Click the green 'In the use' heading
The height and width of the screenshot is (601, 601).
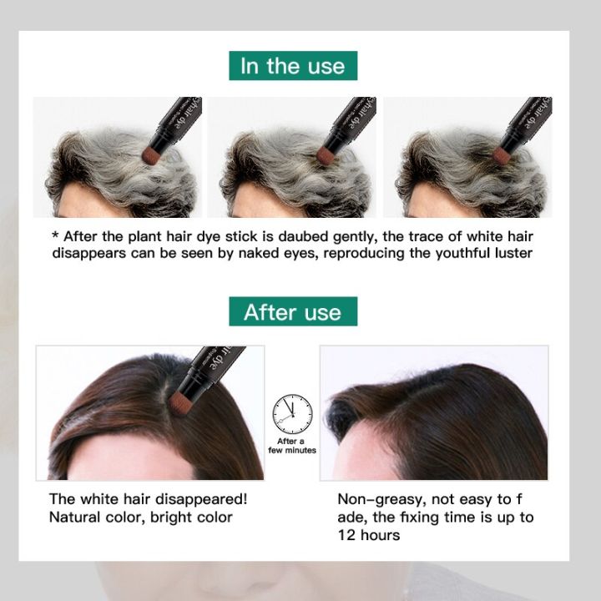click(292, 66)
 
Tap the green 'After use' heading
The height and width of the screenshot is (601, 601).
click(292, 312)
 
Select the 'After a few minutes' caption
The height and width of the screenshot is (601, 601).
click(291, 445)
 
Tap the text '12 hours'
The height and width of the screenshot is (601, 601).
click(368, 535)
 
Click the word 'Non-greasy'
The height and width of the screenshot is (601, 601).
click(376, 499)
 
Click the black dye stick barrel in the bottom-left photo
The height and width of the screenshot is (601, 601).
click(214, 360)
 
